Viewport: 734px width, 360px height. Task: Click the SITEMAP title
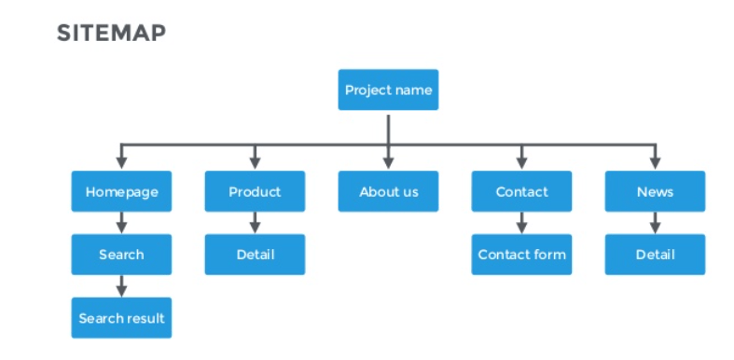click(111, 34)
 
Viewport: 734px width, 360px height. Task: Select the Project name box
click(388, 90)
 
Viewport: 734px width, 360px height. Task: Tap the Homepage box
click(121, 192)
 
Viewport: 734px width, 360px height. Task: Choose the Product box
click(255, 192)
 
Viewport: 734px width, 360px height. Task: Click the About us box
click(388, 192)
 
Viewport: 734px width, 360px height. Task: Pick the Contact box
click(521, 192)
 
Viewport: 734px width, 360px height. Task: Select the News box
click(655, 192)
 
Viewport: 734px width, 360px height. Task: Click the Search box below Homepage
click(121, 255)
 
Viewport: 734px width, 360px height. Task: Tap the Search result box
click(121, 318)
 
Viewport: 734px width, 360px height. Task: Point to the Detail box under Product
click(255, 255)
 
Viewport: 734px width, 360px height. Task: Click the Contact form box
click(521, 255)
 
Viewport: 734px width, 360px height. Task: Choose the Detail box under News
click(655, 255)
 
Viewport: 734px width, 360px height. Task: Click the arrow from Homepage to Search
click(121, 223)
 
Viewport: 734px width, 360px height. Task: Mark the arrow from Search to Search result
click(121, 286)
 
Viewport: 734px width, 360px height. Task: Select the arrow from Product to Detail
click(255, 223)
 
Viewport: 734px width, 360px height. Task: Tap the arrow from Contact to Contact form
click(521, 223)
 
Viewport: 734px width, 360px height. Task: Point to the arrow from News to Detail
click(655, 223)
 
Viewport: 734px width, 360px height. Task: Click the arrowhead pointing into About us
click(388, 163)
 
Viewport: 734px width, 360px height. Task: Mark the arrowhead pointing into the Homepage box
click(121, 163)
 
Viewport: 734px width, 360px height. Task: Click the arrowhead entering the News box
click(655, 163)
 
